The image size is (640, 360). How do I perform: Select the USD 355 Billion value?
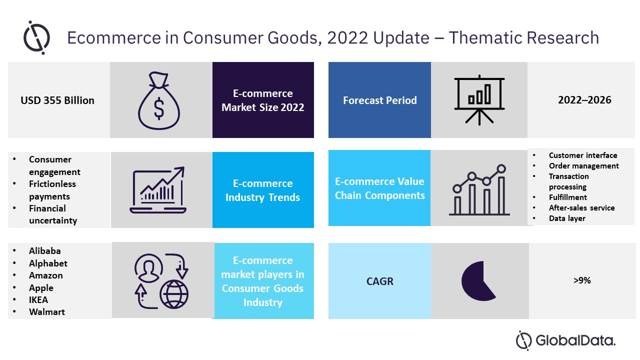point(57,100)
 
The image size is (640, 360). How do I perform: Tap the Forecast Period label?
point(379,100)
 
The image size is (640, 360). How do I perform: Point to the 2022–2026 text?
point(584,100)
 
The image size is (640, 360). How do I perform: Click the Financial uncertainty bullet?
point(53,214)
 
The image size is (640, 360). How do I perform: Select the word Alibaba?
point(45,251)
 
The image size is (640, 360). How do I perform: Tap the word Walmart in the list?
point(47,312)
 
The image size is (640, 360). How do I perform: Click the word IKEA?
point(39,300)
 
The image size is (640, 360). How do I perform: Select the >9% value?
point(582,280)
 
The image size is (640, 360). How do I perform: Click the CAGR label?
point(379,281)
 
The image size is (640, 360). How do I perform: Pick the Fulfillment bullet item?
point(567,197)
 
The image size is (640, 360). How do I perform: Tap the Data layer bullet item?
point(567,218)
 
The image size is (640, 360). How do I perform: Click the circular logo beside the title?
point(36,37)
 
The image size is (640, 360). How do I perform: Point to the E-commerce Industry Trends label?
point(262,190)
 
